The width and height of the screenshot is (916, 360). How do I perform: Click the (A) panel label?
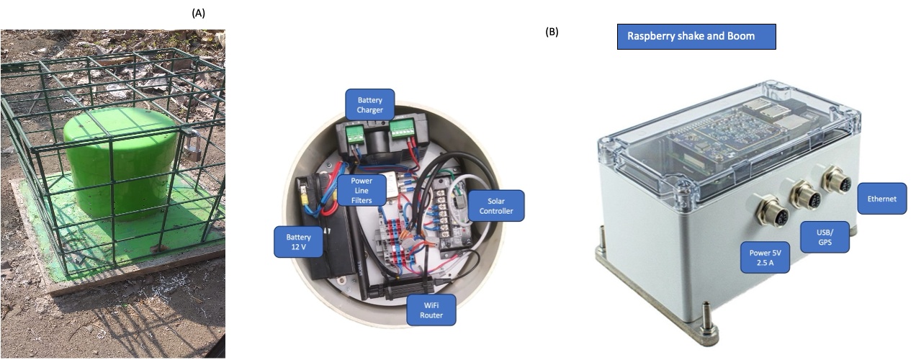(x=199, y=13)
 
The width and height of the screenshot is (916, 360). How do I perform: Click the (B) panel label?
(x=552, y=32)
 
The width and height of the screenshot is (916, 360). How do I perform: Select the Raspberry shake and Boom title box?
(x=696, y=36)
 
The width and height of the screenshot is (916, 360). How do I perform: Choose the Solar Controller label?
(x=495, y=205)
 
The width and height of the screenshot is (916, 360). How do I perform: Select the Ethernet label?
(x=881, y=199)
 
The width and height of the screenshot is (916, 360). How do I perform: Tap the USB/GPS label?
(x=825, y=236)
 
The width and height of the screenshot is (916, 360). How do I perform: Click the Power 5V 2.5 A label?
(x=765, y=258)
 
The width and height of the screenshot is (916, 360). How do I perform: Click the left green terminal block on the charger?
(x=356, y=133)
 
